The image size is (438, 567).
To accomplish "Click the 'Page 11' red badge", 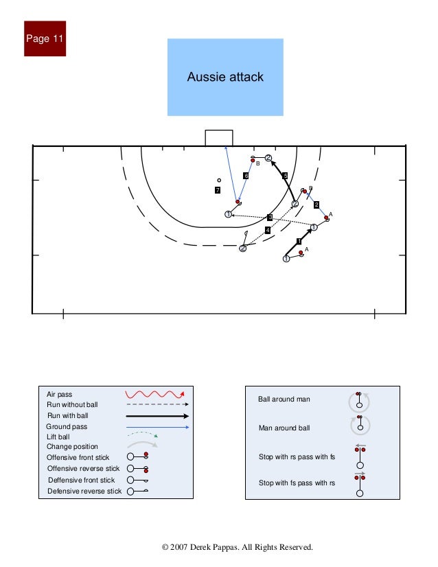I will click(45, 38).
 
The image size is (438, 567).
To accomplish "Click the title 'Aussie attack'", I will click(225, 77).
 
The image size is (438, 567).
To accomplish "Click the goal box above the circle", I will click(219, 138).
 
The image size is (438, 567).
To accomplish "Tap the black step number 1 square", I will click(299, 241).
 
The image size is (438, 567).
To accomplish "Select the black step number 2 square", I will click(316, 205).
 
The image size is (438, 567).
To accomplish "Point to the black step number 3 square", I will click(270, 218).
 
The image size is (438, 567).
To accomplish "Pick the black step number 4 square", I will click(268, 229).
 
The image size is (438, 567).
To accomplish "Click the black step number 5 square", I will click(285, 176).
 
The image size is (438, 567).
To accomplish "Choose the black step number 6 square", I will click(246, 176).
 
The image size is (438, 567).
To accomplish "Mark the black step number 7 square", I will click(218, 190).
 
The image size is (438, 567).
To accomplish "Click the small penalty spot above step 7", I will click(219, 181).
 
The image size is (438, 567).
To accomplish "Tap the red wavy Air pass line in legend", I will click(154, 394).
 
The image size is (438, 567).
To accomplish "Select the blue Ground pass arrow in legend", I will click(157, 427).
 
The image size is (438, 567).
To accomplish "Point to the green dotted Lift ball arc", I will click(143, 435).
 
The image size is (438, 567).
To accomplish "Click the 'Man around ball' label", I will click(284, 428).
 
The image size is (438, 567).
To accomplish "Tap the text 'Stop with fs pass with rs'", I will click(297, 483).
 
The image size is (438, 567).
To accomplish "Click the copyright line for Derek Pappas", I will click(237, 547).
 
